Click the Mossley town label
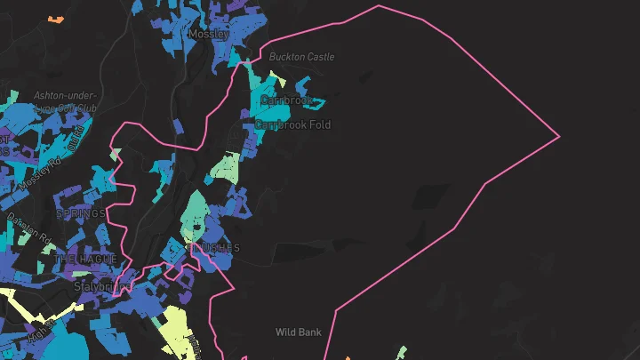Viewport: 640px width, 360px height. point(210,34)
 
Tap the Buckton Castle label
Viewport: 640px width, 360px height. point(302,57)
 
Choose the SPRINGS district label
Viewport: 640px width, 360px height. point(81,213)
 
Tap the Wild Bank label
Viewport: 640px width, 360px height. point(299,332)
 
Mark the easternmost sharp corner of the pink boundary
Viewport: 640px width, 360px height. point(559,137)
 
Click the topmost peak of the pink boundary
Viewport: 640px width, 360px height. point(380,6)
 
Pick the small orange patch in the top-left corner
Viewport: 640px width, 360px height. point(56,18)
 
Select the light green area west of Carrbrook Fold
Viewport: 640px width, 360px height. point(227,166)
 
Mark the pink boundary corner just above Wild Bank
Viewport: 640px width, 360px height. point(336,310)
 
